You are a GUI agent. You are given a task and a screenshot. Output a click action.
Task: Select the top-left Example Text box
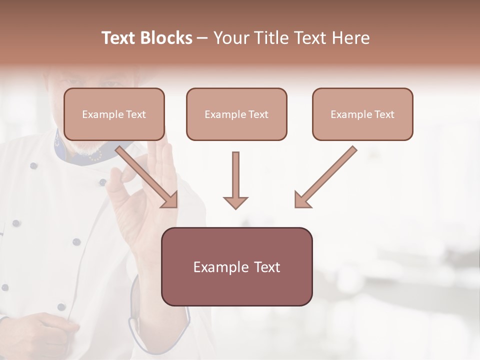click(114, 114)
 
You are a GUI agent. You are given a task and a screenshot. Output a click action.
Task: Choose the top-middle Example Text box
click(236, 114)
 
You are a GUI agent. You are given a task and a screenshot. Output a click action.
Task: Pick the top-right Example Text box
click(362, 114)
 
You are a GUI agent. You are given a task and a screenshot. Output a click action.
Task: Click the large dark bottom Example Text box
click(236, 266)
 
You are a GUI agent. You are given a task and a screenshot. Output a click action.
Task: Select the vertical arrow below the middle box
click(235, 177)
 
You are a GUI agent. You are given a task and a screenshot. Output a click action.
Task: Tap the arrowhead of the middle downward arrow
click(235, 202)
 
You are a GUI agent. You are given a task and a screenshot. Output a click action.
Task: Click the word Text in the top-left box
click(135, 114)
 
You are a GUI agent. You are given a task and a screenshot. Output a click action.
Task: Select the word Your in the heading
click(228, 38)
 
